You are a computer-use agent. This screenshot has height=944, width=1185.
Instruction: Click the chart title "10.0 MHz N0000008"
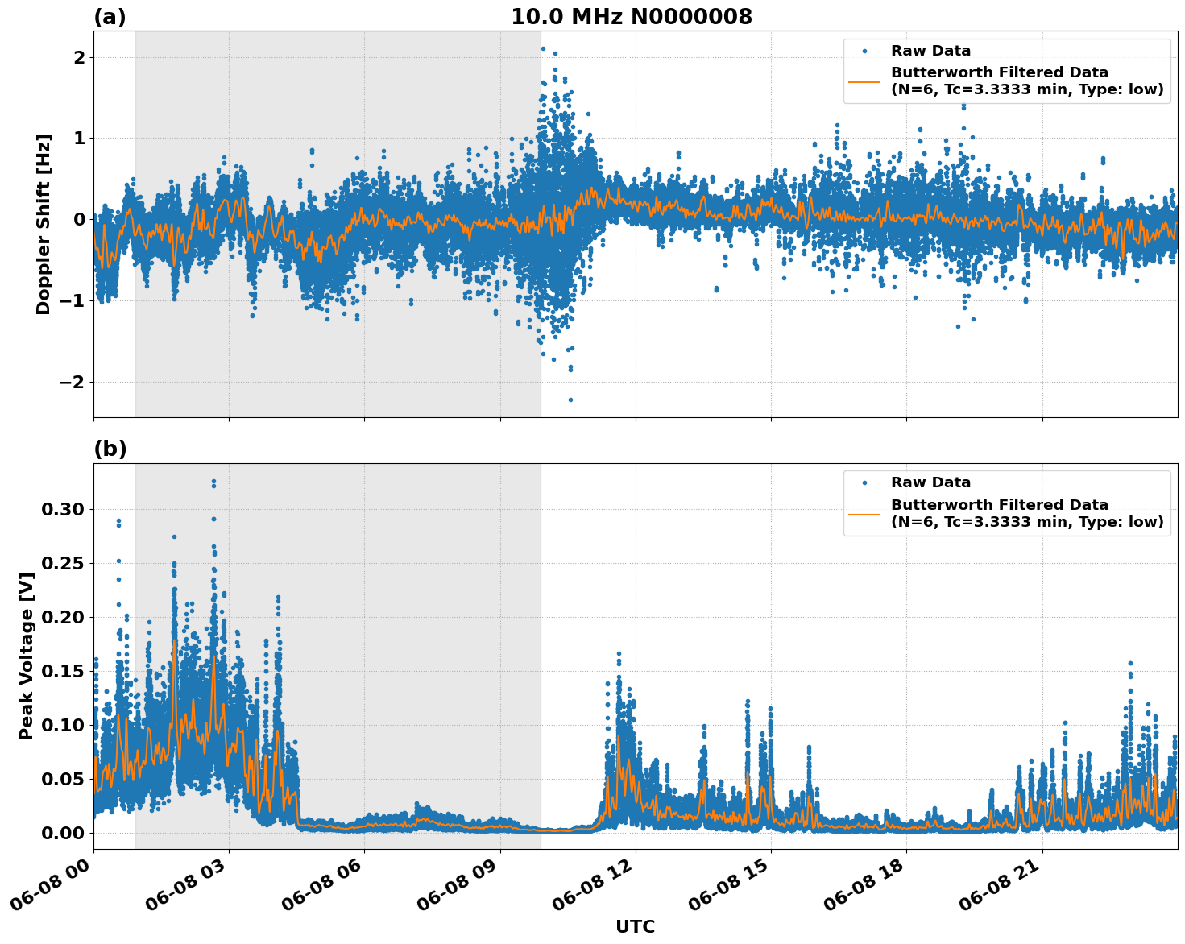point(631,17)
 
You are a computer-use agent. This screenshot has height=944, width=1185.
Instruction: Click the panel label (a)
point(110,17)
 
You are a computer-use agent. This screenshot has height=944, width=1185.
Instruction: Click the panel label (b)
point(110,449)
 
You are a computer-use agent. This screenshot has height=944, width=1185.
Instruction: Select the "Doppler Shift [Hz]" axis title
point(44,224)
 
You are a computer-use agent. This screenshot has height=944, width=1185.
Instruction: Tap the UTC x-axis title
point(635,926)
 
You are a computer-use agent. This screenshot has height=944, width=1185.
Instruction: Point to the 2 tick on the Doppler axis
point(79,57)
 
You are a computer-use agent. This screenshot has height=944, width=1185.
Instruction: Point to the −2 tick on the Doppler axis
point(72,382)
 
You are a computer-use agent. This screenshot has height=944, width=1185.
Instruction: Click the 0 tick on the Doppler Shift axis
point(79,219)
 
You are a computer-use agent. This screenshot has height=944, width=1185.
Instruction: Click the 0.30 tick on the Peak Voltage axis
point(63,509)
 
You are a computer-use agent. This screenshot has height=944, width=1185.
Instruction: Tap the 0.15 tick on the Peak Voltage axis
point(63,671)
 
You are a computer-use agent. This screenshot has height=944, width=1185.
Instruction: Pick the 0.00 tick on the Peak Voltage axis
point(63,833)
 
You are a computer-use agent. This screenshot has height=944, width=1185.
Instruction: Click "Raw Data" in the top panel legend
point(930,51)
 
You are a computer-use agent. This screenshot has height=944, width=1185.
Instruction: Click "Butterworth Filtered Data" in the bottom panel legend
point(999,505)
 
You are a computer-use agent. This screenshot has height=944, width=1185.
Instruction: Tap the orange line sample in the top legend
point(864,81)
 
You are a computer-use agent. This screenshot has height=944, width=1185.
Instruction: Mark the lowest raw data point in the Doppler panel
point(570,400)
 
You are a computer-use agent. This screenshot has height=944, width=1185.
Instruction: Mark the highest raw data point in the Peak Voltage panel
point(213,482)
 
